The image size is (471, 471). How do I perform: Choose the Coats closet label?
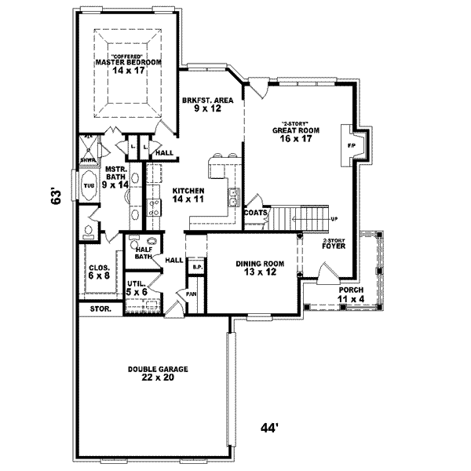tap(256, 212)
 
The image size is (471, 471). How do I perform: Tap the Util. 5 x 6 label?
tap(138, 287)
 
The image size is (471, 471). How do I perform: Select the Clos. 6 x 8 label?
tap(98, 271)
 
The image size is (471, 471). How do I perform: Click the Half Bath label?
tap(142, 253)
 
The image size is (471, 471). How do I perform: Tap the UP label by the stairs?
tap(334, 218)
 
